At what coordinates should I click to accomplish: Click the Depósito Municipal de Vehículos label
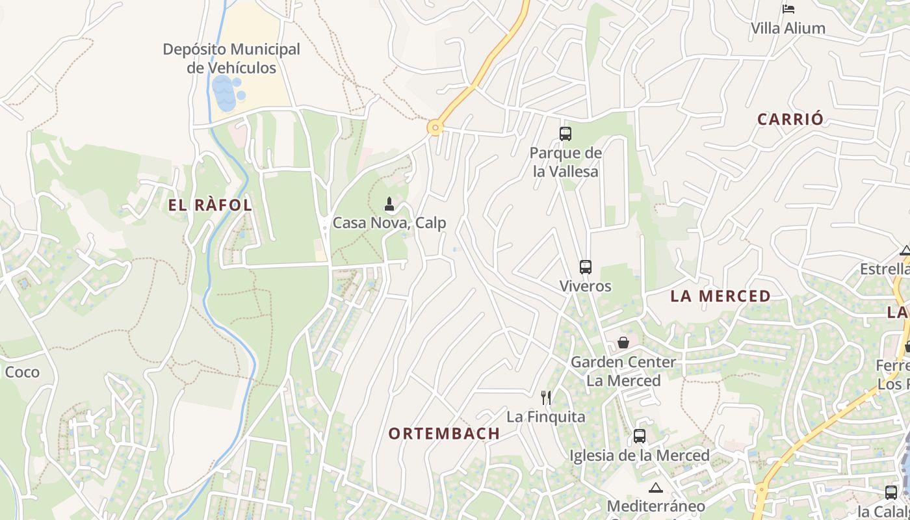click(x=231, y=58)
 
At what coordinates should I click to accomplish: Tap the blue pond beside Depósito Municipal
click(x=224, y=93)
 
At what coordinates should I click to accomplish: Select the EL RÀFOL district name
click(x=210, y=205)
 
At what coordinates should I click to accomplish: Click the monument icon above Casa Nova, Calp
click(x=389, y=205)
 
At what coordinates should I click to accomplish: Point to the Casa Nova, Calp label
click(x=389, y=223)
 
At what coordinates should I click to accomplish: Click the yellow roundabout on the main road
click(x=435, y=127)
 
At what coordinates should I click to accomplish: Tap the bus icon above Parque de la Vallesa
click(x=565, y=134)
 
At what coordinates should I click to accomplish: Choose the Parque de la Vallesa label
click(x=565, y=162)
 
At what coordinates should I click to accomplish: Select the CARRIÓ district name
click(x=790, y=119)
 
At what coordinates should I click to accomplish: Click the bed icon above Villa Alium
click(x=788, y=9)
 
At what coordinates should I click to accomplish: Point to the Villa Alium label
click(x=788, y=29)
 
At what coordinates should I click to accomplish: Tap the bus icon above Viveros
click(x=586, y=267)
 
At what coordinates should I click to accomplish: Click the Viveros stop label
click(x=586, y=286)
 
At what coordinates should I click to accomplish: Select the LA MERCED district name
click(x=720, y=296)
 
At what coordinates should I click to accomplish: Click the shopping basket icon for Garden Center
click(x=623, y=343)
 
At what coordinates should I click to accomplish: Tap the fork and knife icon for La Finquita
click(x=546, y=397)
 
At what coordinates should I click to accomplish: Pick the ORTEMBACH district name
click(x=445, y=434)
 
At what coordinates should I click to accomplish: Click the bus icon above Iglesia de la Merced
click(x=640, y=436)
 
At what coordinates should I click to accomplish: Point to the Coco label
click(x=22, y=372)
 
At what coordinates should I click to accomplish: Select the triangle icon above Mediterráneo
click(x=655, y=487)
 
